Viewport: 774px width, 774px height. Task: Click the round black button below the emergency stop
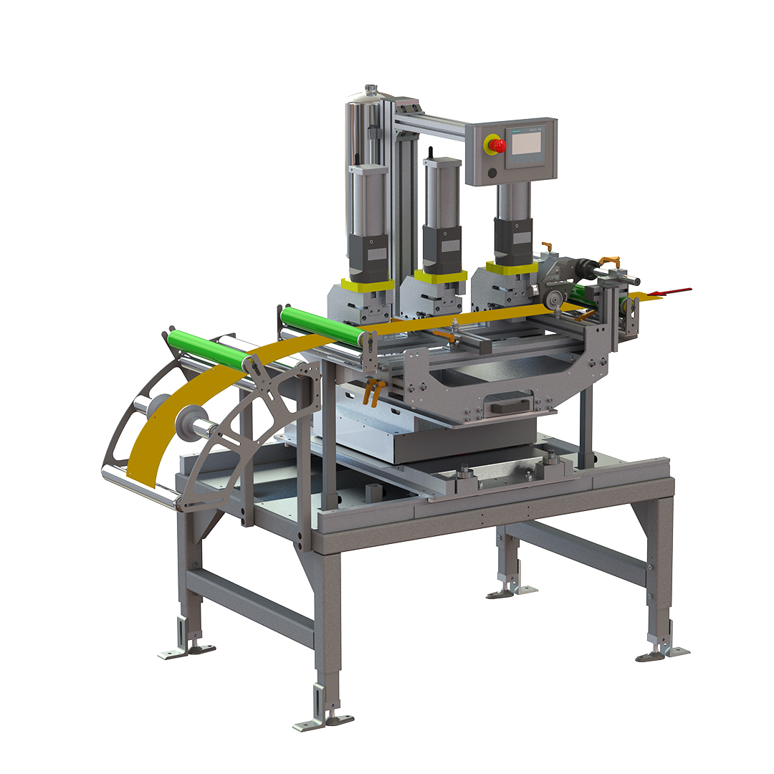click(492, 172)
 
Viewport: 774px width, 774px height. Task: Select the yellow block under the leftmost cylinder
click(368, 284)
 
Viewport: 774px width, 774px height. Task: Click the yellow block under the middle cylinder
click(440, 276)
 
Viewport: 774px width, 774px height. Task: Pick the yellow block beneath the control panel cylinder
click(512, 267)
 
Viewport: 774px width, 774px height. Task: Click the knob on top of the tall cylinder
click(371, 90)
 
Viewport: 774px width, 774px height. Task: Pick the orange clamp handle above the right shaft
click(608, 259)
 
